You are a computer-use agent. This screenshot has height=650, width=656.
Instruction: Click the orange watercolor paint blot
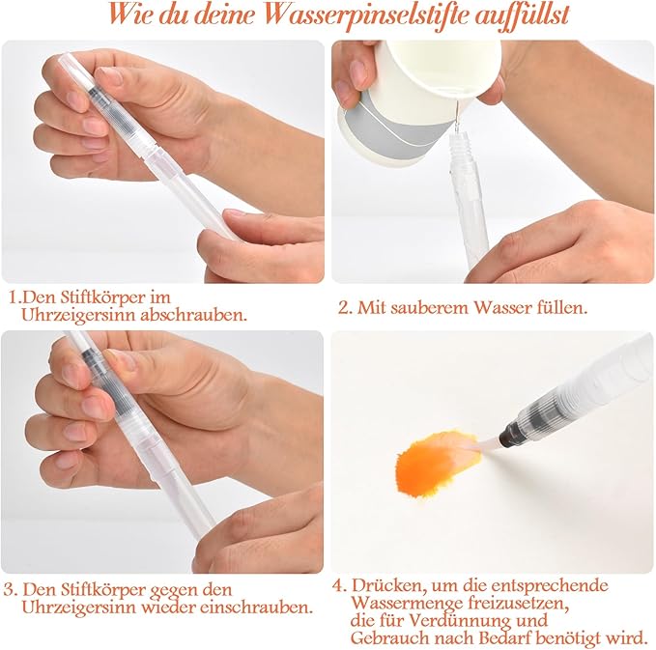(x=436, y=463)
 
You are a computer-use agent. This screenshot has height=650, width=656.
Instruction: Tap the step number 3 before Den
(x=10, y=590)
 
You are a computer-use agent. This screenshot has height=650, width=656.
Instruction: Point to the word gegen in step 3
(x=172, y=591)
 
